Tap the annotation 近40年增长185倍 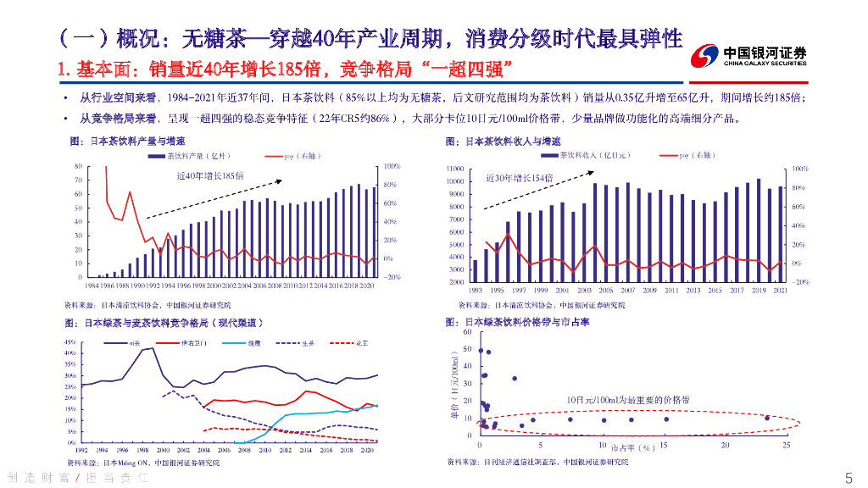click(x=209, y=175)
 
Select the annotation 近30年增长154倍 click(x=519, y=179)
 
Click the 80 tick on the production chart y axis click(x=79, y=166)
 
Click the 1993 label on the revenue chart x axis click(x=475, y=290)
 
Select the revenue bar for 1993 click(x=475, y=271)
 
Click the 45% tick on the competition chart click(x=71, y=341)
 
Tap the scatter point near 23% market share click(x=767, y=418)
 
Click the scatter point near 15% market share click(x=665, y=419)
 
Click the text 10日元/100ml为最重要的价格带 click(x=628, y=399)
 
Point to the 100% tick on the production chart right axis click(x=392, y=166)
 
